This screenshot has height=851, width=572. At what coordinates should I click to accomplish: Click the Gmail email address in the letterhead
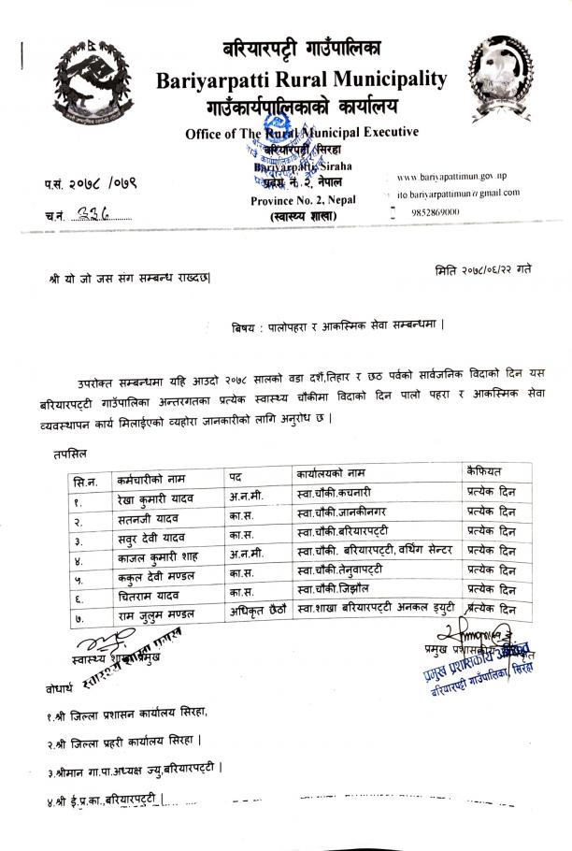pos(458,193)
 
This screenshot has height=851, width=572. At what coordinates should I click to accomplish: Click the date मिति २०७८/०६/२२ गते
pos(483,270)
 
